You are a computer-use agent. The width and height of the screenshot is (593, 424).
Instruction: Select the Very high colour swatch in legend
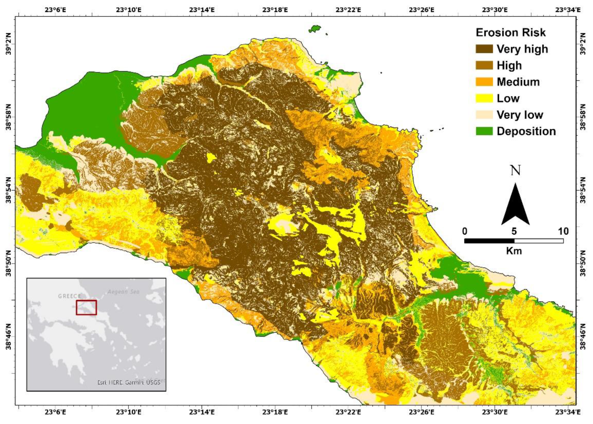[484, 49]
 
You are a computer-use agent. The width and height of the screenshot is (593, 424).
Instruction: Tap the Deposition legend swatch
[484, 131]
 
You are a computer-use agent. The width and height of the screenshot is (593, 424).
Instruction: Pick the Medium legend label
[518, 82]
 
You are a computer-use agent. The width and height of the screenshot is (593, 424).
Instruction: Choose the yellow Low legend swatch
[484, 98]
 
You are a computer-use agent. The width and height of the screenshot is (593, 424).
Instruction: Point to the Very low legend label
[520, 115]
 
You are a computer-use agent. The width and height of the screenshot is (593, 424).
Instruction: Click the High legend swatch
[484, 65]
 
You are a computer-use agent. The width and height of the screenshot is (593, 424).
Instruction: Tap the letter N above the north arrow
[515, 171]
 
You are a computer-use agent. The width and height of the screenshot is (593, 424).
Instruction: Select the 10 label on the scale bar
[563, 231]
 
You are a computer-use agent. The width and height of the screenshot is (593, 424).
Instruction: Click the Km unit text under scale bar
[514, 251]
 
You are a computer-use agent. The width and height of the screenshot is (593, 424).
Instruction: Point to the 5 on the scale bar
[514, 231]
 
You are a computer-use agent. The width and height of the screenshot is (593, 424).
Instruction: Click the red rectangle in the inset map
[86, 307]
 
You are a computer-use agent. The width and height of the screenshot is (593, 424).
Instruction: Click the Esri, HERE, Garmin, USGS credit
[128, 382]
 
